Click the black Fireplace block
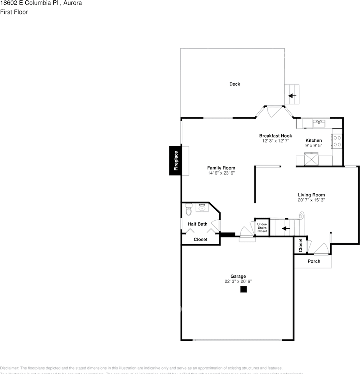(175, 161)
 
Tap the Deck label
(235, 84)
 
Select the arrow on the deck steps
(292, 95)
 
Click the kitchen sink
(319, 123)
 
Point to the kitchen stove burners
(337, 141)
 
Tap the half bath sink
(202, 208)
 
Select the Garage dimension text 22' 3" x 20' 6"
(238, 281)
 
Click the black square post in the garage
(244, 289)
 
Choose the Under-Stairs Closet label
(262, 228)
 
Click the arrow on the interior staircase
(286, 228)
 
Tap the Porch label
(314, 261)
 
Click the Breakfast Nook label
(275, 136)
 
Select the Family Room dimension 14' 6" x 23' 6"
(221, 173)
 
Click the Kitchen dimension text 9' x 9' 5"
(313, 145)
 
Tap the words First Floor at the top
(14, 12)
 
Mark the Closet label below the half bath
(200, 240)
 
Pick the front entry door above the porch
(321, 249)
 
